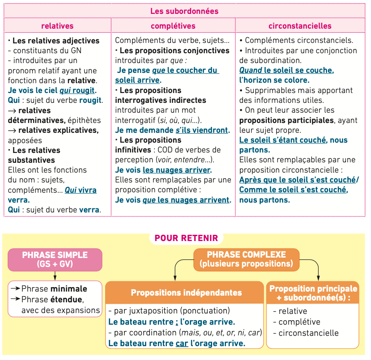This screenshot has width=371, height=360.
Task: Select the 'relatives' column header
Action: click(57, 25)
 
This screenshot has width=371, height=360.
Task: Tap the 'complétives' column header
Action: click(173, 25)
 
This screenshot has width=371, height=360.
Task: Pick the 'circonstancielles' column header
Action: click(300, 25)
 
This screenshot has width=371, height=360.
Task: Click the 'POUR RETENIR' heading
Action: click(186, 238)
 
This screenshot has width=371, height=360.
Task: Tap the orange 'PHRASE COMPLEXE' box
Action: click(246, 259)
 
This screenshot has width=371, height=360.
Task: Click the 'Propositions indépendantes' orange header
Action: click(186, 292)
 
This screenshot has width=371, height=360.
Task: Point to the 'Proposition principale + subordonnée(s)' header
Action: click(313, 293)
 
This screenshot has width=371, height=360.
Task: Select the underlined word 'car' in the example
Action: click(182, 343)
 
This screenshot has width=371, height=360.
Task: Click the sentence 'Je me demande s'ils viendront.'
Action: click(172, 130)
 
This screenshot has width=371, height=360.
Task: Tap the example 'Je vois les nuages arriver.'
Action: click(163, 170)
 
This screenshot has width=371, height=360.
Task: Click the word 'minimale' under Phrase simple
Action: click(69, 289)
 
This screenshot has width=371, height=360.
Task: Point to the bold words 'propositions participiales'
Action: click(286, 120)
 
